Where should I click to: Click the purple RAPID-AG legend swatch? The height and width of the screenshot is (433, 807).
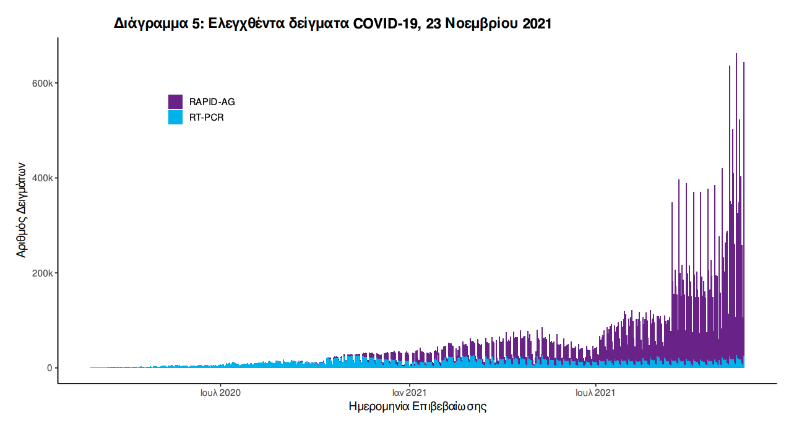(x=175, y=101)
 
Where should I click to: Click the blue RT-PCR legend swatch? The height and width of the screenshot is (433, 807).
(x=175, y=117)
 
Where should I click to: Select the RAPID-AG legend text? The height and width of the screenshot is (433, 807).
(x=212, y=102)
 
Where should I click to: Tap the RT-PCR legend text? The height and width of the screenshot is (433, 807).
(x=206, y=118)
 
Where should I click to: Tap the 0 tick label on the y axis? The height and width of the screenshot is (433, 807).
(x=50, y=368)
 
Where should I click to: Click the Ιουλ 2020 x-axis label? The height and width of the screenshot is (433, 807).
(x=221, y=392)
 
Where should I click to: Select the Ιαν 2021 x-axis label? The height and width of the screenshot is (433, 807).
(x=409, y=392)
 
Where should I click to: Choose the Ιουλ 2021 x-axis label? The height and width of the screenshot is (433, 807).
(x=595, y=392)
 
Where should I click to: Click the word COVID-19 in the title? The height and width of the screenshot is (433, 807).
(x=386, y=24)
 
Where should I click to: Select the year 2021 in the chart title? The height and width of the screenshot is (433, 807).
(x=537, y=24)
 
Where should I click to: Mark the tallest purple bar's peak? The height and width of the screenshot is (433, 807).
(x=736, y=54)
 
